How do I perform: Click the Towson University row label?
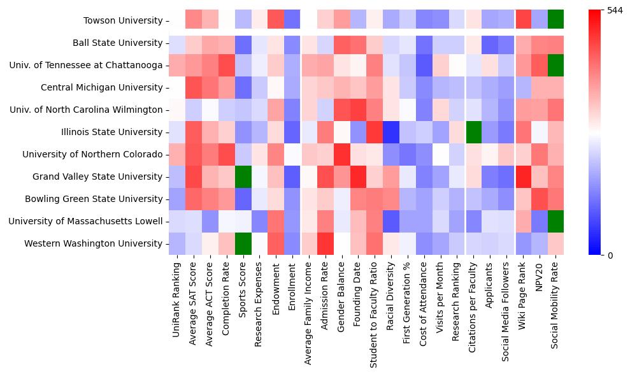(x=123, y=21)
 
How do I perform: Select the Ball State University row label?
(x=118, y=43)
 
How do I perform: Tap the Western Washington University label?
(x=93, y=244)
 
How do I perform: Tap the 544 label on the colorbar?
(x=615, y=11)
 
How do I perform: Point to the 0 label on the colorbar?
(x=610, y=255)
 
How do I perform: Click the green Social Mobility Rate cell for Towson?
(x=556, y=21)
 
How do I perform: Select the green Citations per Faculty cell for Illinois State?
(x=473, y=133)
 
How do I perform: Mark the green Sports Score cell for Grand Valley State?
(x=242, y=177)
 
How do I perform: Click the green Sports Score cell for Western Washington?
(x=242, y=244)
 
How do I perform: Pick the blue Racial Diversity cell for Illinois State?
(x=390, y=133)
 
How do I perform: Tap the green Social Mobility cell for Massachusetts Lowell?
(x=556, y=222)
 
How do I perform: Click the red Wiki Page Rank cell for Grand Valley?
(x=523, y=177)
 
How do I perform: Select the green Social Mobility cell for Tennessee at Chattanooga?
(x=556, y=66)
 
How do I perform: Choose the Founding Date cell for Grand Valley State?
(x=358, y=177)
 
